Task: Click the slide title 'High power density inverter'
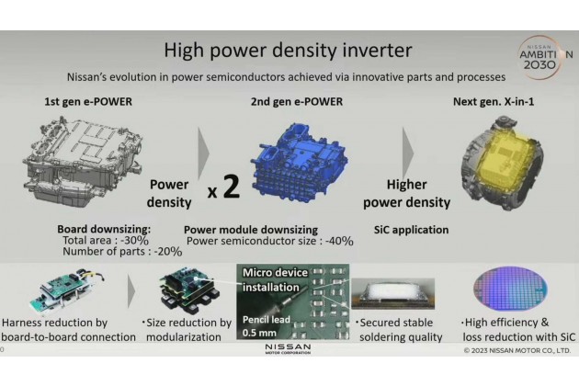(288, 51)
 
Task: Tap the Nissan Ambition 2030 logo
(545, 57)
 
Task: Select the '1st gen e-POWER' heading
(88, 102)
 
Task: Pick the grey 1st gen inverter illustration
(83, 161)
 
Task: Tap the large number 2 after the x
(232, 187)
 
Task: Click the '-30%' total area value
(134, 241)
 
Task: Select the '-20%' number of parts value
(168, 252)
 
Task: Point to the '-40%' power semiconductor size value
(339, 241)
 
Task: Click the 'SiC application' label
(412, 230)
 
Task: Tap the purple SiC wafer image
(510, 289)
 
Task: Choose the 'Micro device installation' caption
(275, 279)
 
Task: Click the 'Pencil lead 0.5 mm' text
(267, 325)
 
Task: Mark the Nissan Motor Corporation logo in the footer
(288, 348)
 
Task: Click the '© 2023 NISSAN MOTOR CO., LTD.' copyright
(517, 350)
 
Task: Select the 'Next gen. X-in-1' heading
(494, 102)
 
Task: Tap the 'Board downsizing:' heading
(104, 230)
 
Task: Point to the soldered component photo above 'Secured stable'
(393, 294)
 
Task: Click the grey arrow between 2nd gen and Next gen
(408, 153)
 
